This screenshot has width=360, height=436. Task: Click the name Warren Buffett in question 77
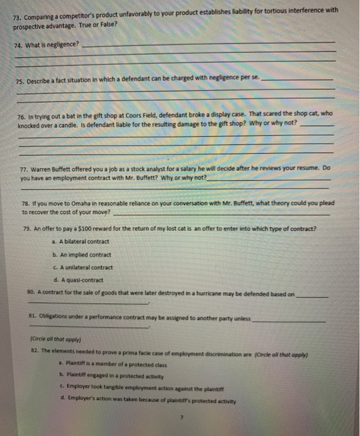54,169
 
